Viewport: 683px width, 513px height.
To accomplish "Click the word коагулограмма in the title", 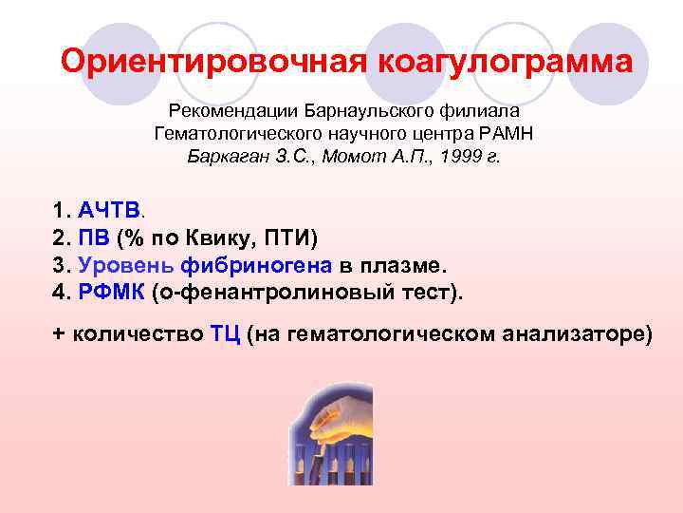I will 505,63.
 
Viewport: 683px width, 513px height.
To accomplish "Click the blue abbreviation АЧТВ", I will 109,209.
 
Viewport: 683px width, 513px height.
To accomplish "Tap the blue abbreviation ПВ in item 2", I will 94,237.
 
